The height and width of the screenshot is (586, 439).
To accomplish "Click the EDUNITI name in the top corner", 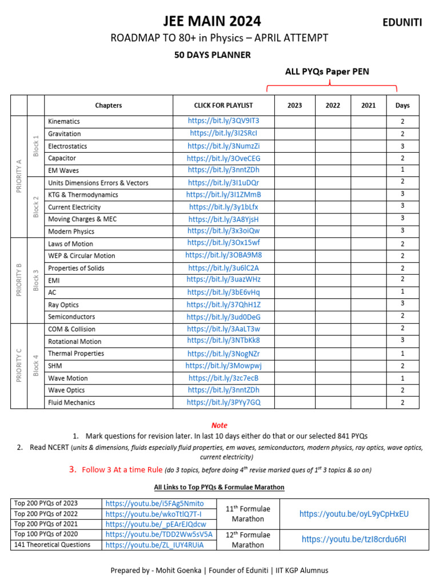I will [x=402, y=22].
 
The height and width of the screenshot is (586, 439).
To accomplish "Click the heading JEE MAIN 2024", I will [x=212, y=21].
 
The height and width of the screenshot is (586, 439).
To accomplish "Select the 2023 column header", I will [x=294, y=105].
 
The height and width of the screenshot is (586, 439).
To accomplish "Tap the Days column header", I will [x=402, y=105].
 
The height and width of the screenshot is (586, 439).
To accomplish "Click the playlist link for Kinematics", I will [x=224, y=121].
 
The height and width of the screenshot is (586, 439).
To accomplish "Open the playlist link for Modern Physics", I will [x=224, y=231].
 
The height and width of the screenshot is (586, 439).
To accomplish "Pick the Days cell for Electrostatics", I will [x=402, y=146].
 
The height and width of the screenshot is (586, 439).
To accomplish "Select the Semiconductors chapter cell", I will [x=71, y=316].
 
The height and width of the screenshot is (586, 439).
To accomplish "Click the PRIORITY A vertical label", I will [x=19, y=176].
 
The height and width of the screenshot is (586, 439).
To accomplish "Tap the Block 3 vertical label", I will [x=36, y=280].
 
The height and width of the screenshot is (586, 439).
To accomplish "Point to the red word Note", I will [x=219, y=425].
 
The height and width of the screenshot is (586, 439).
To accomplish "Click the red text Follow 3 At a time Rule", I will [x=122, y=470].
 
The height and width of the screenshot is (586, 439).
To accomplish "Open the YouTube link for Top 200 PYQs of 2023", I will [x=154, y=504].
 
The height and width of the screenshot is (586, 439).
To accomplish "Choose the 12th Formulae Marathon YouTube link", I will [x=354, y=539].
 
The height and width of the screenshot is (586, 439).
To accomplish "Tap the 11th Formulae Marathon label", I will [x=248, y=514].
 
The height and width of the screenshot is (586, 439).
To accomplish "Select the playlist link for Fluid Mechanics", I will [x=224, y=402].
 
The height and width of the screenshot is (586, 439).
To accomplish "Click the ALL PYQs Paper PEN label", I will [x=327, y=72].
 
